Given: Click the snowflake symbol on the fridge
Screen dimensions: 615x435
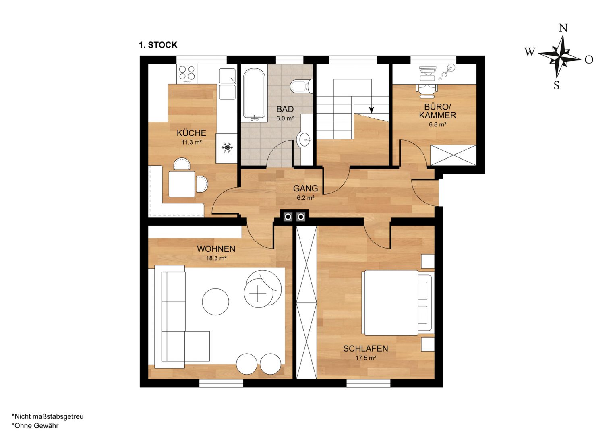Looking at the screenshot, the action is click(227, 147).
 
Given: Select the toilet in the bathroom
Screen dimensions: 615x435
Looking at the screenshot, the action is click(301, 86).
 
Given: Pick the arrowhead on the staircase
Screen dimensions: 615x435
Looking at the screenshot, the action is click(371, 110).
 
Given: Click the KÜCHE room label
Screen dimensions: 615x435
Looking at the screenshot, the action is click(191, 133).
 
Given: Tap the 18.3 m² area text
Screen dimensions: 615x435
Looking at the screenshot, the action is click(216, 258).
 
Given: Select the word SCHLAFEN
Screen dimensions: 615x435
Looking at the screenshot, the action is click(366, 348).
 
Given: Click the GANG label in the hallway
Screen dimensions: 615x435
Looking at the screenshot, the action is click(305, 188).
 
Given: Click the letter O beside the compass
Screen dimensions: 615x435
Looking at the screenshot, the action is click(589, 60).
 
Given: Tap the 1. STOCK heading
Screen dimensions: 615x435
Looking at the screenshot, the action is click(158, 45).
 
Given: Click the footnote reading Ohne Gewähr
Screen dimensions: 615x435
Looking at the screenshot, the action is click(35, 426).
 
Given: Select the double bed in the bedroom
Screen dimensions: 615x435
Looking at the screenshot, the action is click(398, 302).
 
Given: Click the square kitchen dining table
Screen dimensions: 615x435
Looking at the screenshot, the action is click(182, 184).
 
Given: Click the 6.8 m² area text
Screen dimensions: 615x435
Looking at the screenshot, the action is click(438, 124).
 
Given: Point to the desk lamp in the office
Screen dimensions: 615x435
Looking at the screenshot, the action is click(447, 70).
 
